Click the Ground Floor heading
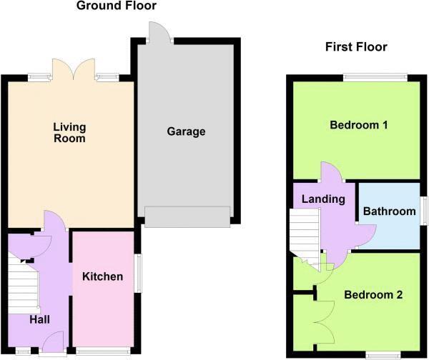(x=116, y=6)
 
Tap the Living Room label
(x=69, y=133)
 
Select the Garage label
(x=186, y=131)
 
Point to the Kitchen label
(x=102, y=276)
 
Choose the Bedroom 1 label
(x=358, y=125)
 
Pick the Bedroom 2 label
(x=373, y=294)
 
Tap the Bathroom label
(x=389, y=211)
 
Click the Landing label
(x=323, y=199)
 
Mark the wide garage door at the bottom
(x=187, y=216)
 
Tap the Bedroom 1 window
(x=375, y=77)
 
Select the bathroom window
(x=423, y=212)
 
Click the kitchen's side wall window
(x=137, y=271)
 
